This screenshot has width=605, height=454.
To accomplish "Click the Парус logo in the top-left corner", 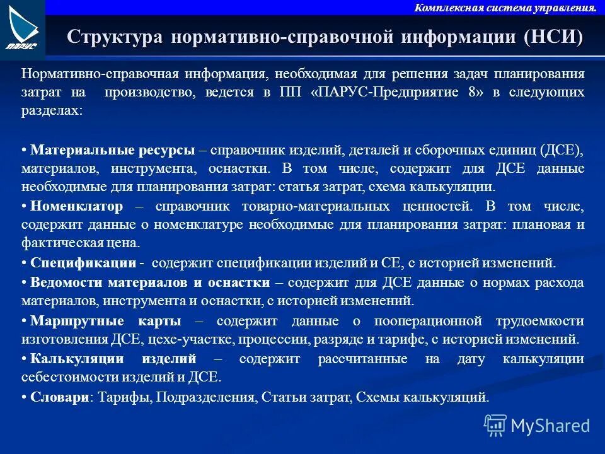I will pos(23,29).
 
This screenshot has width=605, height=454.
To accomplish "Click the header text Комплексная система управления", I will pos(505,8).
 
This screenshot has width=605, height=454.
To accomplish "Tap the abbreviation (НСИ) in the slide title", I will pos(553,37).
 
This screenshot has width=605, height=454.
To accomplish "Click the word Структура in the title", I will pos(114,37).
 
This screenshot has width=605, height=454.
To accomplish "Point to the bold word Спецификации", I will pos(83,262).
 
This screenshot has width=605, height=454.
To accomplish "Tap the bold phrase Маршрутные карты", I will pos(106,321).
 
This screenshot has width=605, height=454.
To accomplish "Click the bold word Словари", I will pos(59,397).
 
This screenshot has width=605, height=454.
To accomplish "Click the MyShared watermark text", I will pos(550,426).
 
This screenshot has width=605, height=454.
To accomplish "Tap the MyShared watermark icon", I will pos(495,426).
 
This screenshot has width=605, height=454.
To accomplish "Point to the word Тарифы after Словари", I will pos(124,397).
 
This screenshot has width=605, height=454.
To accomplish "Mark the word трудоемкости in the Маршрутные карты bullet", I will pos(541,321).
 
